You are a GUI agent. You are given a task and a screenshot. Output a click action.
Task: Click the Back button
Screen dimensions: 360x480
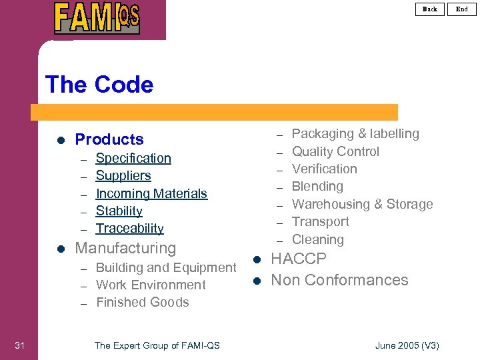430,9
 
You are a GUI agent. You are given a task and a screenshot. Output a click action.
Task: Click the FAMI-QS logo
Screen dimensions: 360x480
97,18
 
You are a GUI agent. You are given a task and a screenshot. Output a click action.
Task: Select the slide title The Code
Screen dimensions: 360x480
99,85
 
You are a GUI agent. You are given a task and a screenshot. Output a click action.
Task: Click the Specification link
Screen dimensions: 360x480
133,158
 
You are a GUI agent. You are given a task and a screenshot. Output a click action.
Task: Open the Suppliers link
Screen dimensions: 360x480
123,175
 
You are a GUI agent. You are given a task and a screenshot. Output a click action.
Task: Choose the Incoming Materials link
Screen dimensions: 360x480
151,193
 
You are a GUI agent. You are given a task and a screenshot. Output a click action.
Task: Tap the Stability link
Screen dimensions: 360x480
119,211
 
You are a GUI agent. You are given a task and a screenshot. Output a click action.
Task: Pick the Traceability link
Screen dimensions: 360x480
130,228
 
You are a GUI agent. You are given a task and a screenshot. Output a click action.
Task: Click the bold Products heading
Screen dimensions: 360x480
109,139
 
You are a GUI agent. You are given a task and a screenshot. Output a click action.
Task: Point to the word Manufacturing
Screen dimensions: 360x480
125,248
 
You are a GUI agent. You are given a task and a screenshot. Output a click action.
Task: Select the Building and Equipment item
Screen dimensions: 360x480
166,267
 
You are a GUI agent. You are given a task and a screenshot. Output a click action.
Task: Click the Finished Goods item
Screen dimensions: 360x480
143,302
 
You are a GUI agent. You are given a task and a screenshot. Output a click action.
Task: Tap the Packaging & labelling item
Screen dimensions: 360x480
355,133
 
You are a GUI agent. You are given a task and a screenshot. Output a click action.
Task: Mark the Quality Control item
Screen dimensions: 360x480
335,151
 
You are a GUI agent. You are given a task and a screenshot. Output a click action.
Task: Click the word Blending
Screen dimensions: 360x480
317,186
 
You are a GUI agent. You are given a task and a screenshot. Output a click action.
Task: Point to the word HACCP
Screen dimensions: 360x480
299,259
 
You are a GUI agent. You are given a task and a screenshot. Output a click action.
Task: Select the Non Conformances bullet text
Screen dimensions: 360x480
339,280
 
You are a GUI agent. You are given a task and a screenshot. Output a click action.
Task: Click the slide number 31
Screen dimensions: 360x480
19,345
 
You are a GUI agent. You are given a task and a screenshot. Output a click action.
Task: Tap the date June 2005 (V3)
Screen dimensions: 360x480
407,345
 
